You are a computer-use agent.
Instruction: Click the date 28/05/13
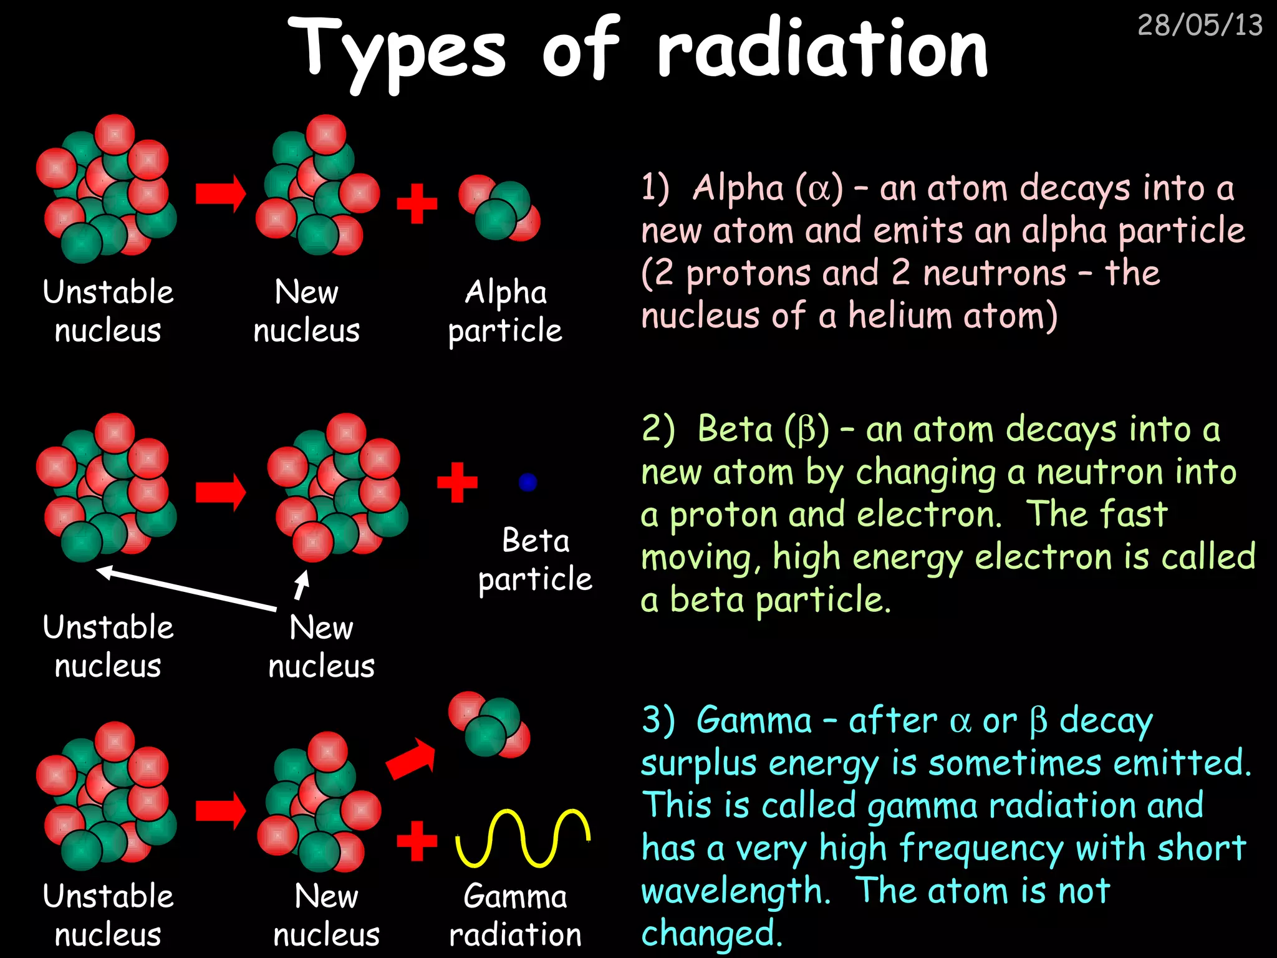pos(1199,25)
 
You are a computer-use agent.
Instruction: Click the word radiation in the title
pos(822,49)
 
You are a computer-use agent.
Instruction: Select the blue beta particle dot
pos(528,482)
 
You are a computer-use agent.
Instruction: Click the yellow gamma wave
pos(523,838)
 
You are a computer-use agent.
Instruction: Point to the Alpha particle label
pos(505,311)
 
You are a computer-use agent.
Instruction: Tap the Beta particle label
pos(535,559)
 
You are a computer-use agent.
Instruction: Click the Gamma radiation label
pos(515,915)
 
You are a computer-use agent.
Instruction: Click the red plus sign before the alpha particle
pos(417,203)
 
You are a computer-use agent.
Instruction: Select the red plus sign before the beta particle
pos(457,482)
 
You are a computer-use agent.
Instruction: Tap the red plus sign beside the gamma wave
pos(417,841)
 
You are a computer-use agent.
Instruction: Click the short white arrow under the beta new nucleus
pos(302,585)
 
